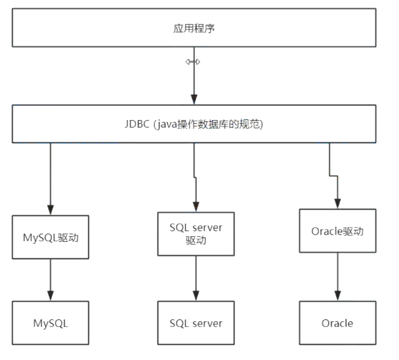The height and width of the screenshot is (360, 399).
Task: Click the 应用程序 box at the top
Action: tap(194, 29)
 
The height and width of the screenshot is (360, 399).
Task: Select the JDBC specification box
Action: tap(194, 124)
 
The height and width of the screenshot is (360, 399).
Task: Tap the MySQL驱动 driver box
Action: tap(50, 237)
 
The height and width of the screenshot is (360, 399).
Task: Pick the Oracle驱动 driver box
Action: tap(337, 230)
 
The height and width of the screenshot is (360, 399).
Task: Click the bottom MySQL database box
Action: tap(50, 323)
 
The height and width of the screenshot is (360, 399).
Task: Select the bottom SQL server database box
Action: tap(196, 323)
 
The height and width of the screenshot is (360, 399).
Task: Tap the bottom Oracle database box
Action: tap(337, 323)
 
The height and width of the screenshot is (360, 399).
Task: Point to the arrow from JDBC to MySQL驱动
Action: tap(50, 178)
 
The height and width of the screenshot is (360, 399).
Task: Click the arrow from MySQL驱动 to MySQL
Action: tap(50, 279)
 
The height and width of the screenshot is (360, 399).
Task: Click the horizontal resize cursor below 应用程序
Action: tap(193, 62)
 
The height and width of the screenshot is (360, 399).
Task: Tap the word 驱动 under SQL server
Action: tap(195, 241)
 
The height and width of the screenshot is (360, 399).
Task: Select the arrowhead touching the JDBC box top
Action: tap(193, 100)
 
